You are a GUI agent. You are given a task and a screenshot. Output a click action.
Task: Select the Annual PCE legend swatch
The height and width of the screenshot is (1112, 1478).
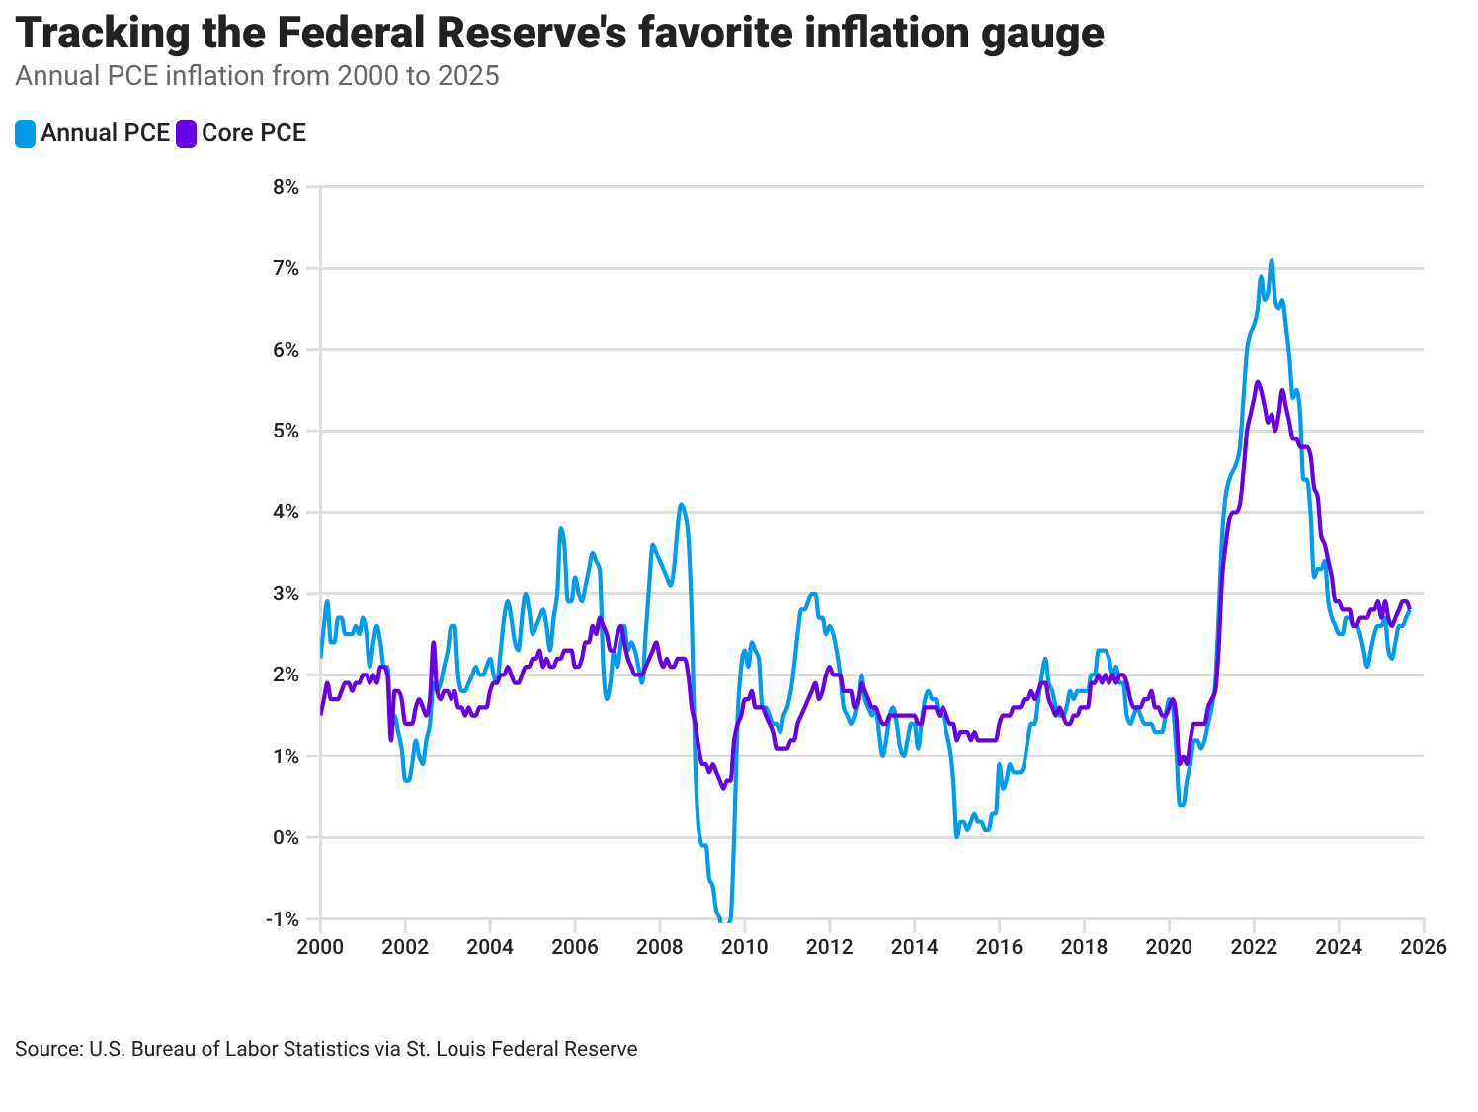tap(26, 134)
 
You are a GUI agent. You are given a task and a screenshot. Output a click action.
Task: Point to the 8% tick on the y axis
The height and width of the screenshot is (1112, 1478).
tap(286, 187)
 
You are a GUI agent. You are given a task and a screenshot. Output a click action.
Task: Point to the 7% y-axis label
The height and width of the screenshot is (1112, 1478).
tap(286, 268)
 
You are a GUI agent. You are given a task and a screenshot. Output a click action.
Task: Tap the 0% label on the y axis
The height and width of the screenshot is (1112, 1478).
tap(286, 837)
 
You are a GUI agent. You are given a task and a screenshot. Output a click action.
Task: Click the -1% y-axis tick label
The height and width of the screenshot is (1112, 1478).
tap(283, 919)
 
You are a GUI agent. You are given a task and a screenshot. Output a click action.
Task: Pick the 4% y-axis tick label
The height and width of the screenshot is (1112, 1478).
tap(286, 512)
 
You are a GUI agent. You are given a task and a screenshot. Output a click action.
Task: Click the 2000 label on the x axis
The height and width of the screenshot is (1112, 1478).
tap(320, 947)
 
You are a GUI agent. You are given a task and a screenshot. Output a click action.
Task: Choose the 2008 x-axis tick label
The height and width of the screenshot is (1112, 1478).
tap(660, 947)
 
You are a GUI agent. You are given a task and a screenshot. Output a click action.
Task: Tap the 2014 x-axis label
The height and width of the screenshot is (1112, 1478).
tap(914, 947)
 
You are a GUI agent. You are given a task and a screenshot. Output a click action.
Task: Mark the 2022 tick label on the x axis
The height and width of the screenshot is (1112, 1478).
tap(1254, 947)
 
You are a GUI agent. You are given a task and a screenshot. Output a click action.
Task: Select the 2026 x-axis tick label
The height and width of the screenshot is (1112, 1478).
tap(1424, 947)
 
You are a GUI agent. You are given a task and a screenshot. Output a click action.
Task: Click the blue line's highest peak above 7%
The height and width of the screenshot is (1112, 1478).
tap(1272, 261)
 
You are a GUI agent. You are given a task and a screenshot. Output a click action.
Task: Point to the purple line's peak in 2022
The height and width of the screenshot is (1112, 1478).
tap(1258, 382)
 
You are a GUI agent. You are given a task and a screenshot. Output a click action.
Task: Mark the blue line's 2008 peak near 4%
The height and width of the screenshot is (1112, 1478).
tap(681, 505)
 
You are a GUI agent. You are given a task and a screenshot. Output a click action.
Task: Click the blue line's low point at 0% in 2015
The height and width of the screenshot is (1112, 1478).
tap(956, 836)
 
